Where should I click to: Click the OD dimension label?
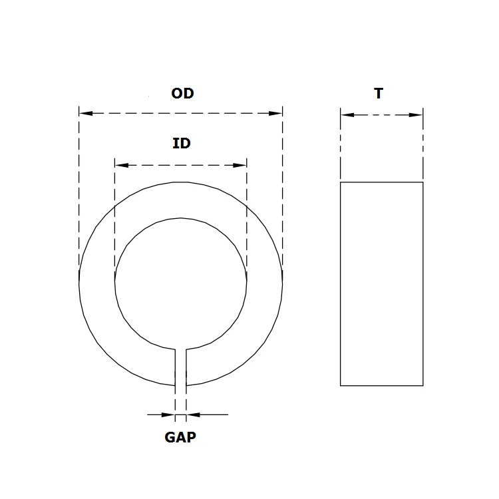tap(182, 94)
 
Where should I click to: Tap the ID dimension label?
tap(182, 143)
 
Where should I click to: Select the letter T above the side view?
tap(379, 94)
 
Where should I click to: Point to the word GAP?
tap(180, 437)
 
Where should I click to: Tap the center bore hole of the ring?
tap(180, 283)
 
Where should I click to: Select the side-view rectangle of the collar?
tap(381, 283)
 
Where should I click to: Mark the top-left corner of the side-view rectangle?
tap(341, 182)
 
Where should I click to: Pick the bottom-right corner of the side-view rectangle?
tap(423, 385)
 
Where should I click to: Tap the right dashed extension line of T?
tap(423, 146)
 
